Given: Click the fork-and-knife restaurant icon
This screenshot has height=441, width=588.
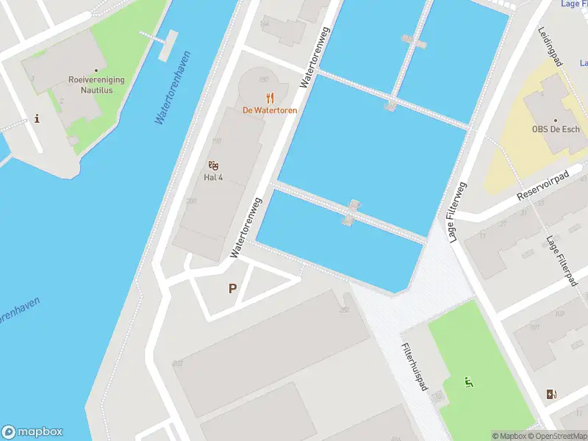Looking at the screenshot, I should (270, 98).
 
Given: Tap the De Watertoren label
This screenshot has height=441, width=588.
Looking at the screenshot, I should (270, 111).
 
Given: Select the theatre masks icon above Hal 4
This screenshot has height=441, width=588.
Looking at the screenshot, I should (214, 165).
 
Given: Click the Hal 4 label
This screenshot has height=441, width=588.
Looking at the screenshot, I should (214, 177).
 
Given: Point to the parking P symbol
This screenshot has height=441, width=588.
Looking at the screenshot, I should (233, 289).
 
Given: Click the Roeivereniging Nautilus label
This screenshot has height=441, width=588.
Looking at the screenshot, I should (97, 85).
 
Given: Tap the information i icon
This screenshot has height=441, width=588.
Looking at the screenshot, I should (37, 119).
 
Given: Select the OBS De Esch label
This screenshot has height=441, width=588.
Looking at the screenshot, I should (556, 129).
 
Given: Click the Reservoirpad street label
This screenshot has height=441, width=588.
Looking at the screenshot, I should (542, 187).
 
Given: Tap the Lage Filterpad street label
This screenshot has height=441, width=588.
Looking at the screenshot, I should (560, 262).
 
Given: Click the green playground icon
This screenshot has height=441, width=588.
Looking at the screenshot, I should (467, 381).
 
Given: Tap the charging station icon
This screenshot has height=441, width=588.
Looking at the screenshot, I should (551, 395).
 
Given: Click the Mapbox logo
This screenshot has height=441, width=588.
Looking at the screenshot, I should (32, 432).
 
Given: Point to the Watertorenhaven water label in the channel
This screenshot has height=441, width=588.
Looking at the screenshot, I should (173, 87).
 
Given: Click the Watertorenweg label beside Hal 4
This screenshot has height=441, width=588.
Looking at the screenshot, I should (246, 228).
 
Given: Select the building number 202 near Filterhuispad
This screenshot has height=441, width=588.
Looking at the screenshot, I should (344, 310).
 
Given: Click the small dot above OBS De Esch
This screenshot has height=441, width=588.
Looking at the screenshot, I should (556, 120).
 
